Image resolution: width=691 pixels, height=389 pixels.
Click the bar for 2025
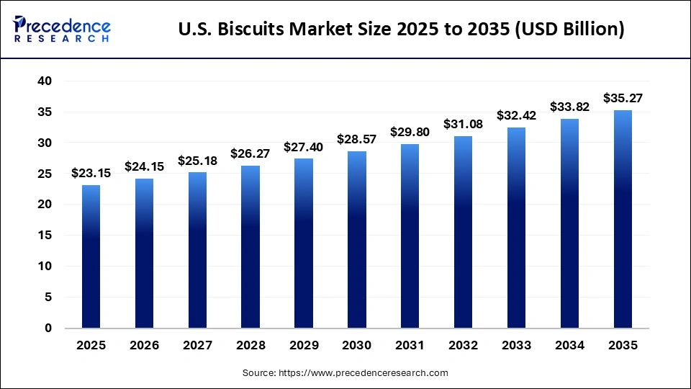click(91, 256)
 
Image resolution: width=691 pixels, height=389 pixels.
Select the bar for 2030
click(357, 239)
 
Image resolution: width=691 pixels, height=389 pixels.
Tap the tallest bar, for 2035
click(623, 219)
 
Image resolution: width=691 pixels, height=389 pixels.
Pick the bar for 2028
click(250, 246)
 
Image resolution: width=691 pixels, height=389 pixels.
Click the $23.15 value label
click(91, 173)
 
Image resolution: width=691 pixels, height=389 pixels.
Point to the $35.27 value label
click(623, 98)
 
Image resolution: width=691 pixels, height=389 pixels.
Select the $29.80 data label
click(410, 132)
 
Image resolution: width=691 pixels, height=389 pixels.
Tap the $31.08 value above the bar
click(464, 124)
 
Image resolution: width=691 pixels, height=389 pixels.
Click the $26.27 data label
click(250, 153)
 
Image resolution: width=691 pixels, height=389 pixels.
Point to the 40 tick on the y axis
click(44, 81)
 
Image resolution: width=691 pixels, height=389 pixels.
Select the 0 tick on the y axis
click(48, 328)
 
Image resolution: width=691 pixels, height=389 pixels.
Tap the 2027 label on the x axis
click(197, 346)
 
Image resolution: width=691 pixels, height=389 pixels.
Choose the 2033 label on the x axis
click(517, 346)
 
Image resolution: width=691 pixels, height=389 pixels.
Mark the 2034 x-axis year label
click(570, 346)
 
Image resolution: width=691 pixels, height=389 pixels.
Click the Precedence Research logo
click(62, 30)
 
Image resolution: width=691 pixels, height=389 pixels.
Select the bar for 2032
click(464, 232)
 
